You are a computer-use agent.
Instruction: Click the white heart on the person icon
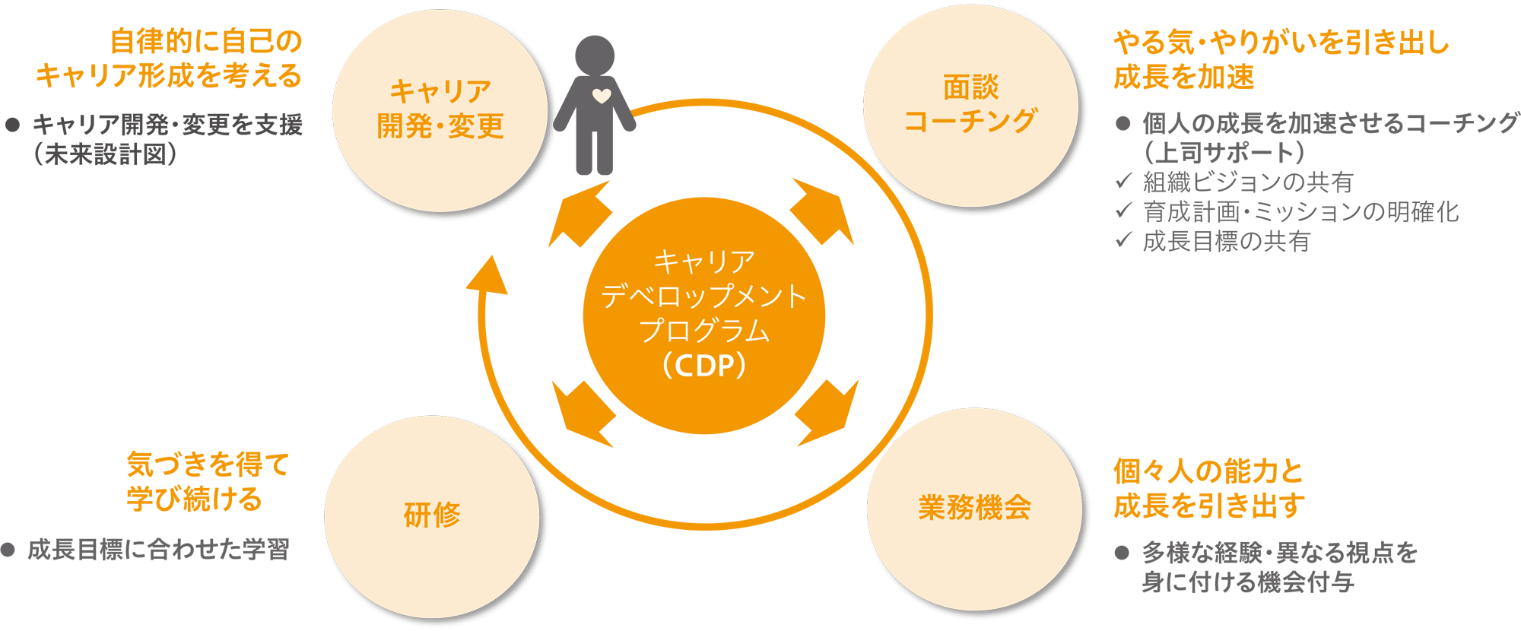click(602, 97)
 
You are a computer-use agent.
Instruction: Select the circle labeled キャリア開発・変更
click(440, 110)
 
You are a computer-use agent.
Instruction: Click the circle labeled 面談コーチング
click(971, 105)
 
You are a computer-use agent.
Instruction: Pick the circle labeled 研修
click(432, 516)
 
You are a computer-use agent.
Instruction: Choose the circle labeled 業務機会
click(974, 509)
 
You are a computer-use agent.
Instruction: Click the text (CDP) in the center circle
click(704, 366)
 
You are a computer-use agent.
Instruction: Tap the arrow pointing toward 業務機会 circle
click(827, 413)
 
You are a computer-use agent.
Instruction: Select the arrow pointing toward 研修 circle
click(583, 414)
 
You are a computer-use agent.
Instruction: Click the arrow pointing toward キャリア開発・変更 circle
click(580, 214)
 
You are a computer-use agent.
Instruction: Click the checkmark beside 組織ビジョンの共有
click(1124, 181)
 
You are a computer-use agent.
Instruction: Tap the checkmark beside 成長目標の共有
click(1124, 240)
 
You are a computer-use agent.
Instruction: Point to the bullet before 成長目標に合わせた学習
click(8, 550)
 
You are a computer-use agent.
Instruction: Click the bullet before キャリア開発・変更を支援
click(12, 125)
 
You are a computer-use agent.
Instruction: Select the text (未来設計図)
click(106, 155)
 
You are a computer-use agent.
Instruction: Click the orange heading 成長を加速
click(1184, 77)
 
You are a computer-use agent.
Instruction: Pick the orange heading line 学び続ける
click(195, 499)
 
